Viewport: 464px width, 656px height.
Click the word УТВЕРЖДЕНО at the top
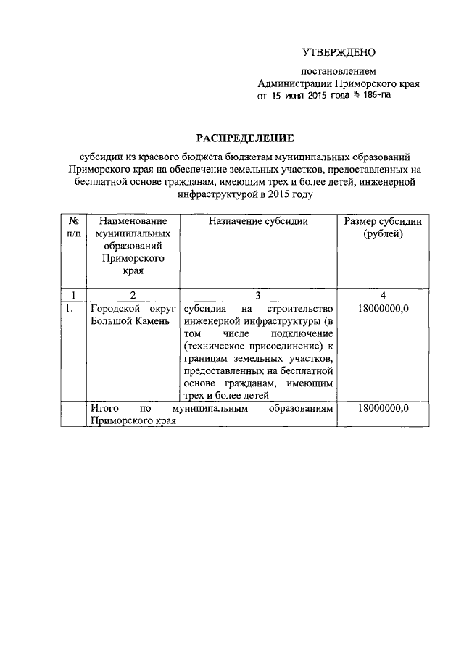tap(339, 52)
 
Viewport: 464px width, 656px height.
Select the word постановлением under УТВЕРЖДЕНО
tap(339, 72)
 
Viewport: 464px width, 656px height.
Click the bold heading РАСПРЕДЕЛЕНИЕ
tap(243, 138)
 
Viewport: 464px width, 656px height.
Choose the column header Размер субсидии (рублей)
tap(383, 228)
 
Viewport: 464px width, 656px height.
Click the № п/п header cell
tap(73, 228)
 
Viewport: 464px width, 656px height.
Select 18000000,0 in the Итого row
tap(383, 409)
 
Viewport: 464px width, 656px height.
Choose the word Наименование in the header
tap(133, 221)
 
